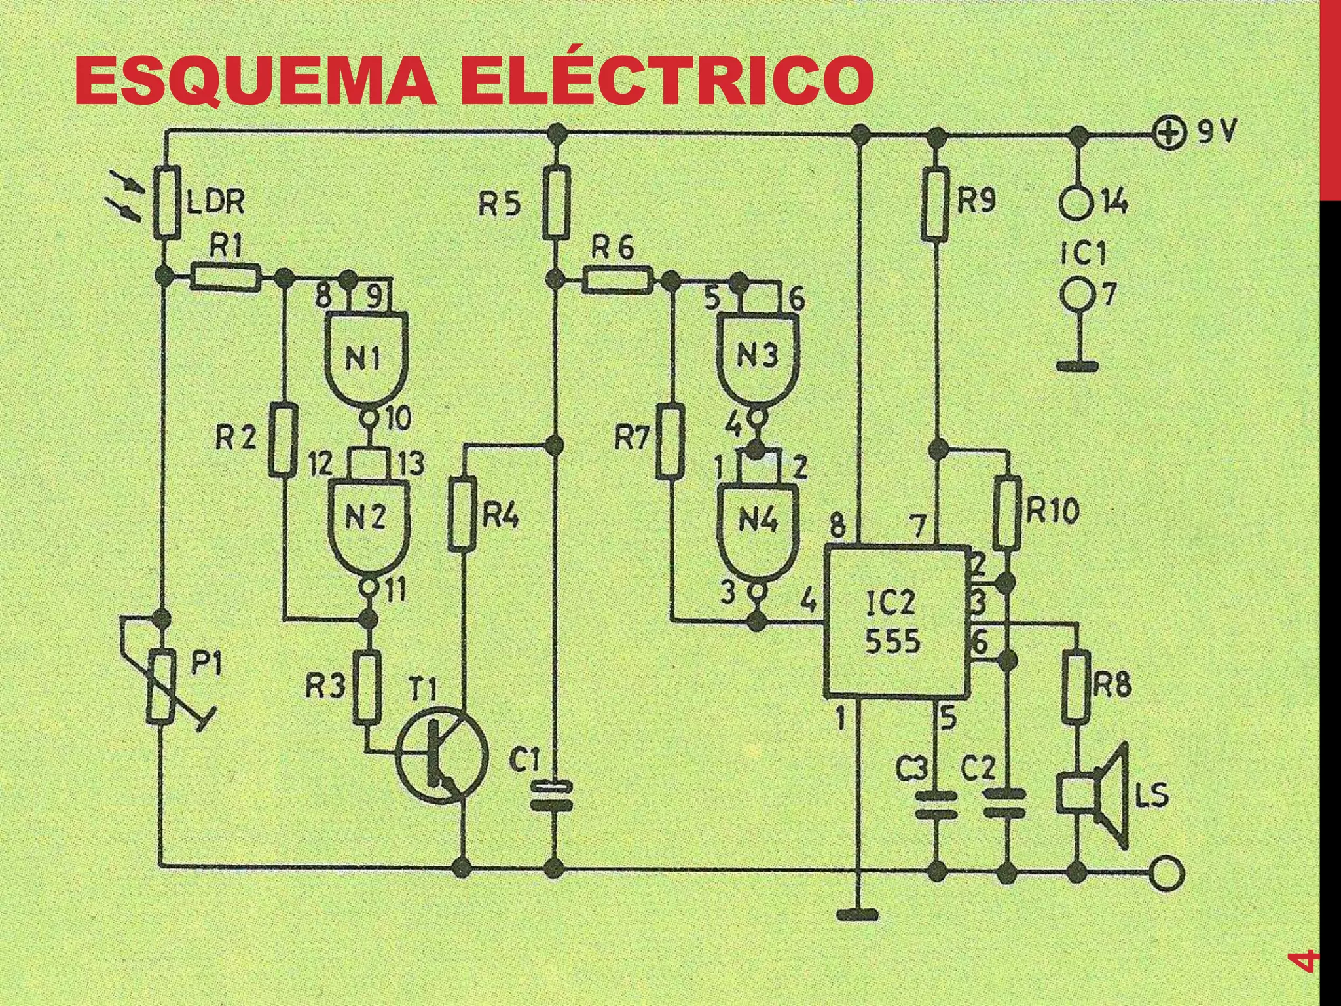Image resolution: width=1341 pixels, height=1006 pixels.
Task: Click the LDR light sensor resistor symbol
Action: [x=167, y=202]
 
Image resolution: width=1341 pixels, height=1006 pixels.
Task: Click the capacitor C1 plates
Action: [x=555, y=795]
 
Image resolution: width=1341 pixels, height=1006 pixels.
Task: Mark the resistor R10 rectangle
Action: [x=1008, y=513]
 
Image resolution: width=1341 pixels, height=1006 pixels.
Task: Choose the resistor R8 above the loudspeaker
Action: [x=1076, y=686]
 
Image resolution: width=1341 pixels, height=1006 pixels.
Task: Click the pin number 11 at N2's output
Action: [x=395, y=591]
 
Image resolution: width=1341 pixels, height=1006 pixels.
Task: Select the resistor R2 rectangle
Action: [x=283, y=440]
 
